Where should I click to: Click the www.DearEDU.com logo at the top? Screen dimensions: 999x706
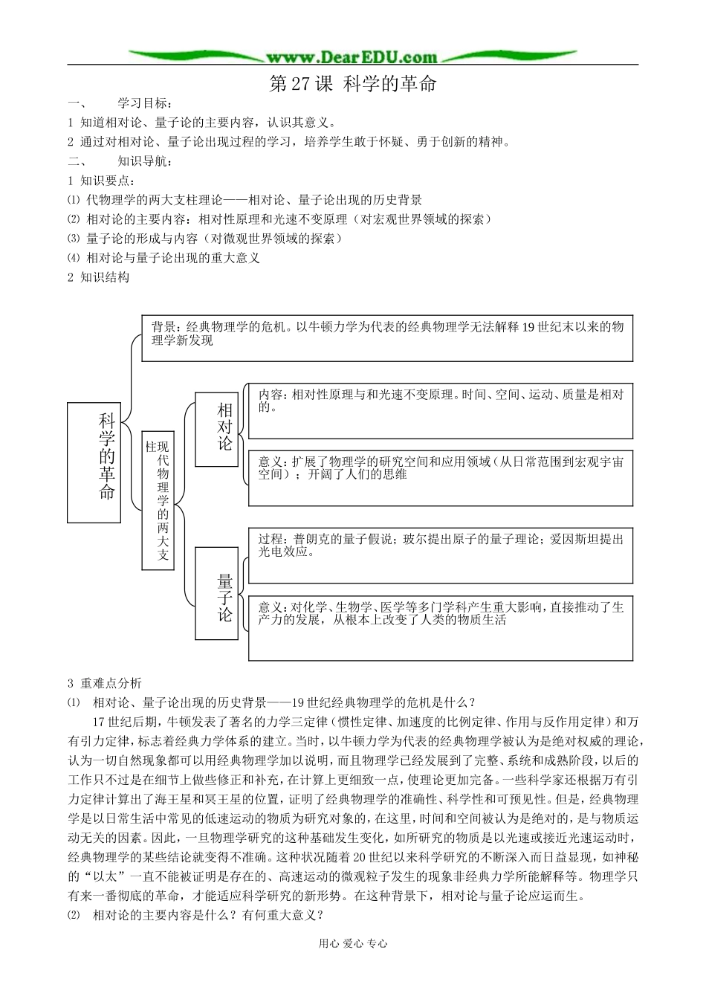352,56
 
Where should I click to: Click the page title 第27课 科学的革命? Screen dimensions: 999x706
352,84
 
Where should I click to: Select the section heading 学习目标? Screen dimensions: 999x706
144,103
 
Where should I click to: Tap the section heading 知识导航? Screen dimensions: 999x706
144,161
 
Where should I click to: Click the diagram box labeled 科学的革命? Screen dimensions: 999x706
94,462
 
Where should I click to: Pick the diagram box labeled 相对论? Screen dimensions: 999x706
217,429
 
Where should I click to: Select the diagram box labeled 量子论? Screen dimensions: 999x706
217,592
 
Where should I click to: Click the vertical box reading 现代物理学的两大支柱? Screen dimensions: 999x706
158,499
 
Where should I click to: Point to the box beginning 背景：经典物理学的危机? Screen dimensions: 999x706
386,337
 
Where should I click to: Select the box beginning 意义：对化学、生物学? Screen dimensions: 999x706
440,627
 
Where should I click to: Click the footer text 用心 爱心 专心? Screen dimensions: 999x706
353,943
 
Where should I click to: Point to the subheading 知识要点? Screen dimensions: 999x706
107,181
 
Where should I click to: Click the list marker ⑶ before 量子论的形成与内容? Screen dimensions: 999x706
73,239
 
